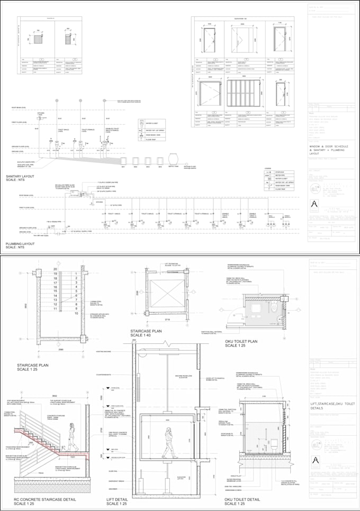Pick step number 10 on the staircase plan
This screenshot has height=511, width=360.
(x=77, y=313)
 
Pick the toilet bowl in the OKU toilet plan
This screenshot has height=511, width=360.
(x=273, y=306)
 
